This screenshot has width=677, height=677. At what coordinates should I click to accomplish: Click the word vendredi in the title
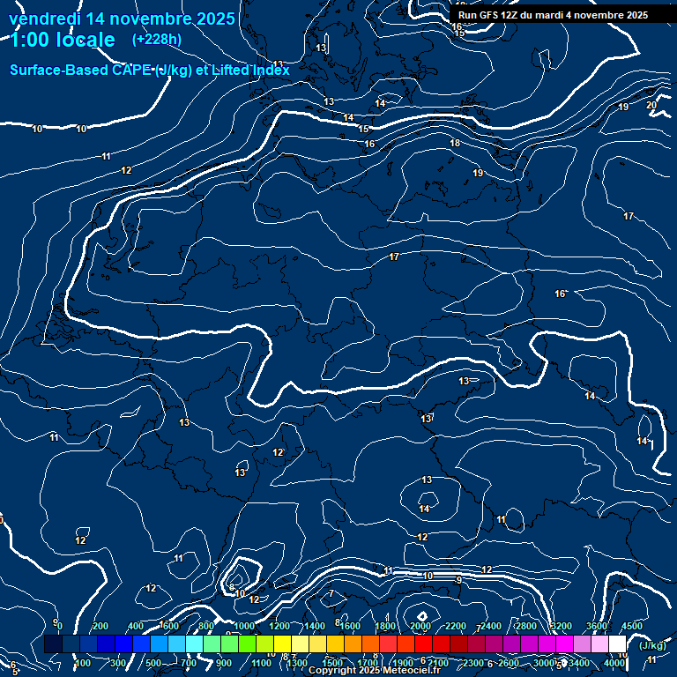pyautogui.click(x=44, y=19)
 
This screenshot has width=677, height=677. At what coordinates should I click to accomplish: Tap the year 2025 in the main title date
pyautogui.click(x=211, y=19)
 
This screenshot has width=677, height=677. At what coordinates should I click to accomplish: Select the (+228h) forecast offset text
pyautogui.click(x=157, y=39)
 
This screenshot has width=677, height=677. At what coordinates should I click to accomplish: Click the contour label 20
pyautogui.click(x=651, y=106)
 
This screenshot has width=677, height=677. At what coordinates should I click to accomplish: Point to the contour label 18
pyautogui.click(x=455, y=143)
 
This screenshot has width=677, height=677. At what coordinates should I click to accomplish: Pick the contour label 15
pyautogui.click(x=364, y=130)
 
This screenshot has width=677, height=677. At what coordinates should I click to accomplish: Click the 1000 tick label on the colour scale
pyautogui.click(x=243, y=627)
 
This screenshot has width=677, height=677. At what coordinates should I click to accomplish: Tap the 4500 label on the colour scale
pyautogui.click(x=631, y=627)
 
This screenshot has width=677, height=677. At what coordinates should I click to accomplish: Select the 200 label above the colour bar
pyautogui.click(x=100, y=627)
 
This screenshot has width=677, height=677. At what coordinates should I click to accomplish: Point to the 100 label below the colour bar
pyautogui.click(x=83, y=663)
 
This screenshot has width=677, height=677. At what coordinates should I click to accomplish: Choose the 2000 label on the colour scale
pyautogui.click(x=420, y=627)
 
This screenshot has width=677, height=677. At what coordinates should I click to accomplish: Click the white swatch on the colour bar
pyautogui.click(x=617, y=644)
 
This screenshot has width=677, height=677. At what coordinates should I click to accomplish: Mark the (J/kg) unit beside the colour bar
pyautogui.click(x=651, y=645)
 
